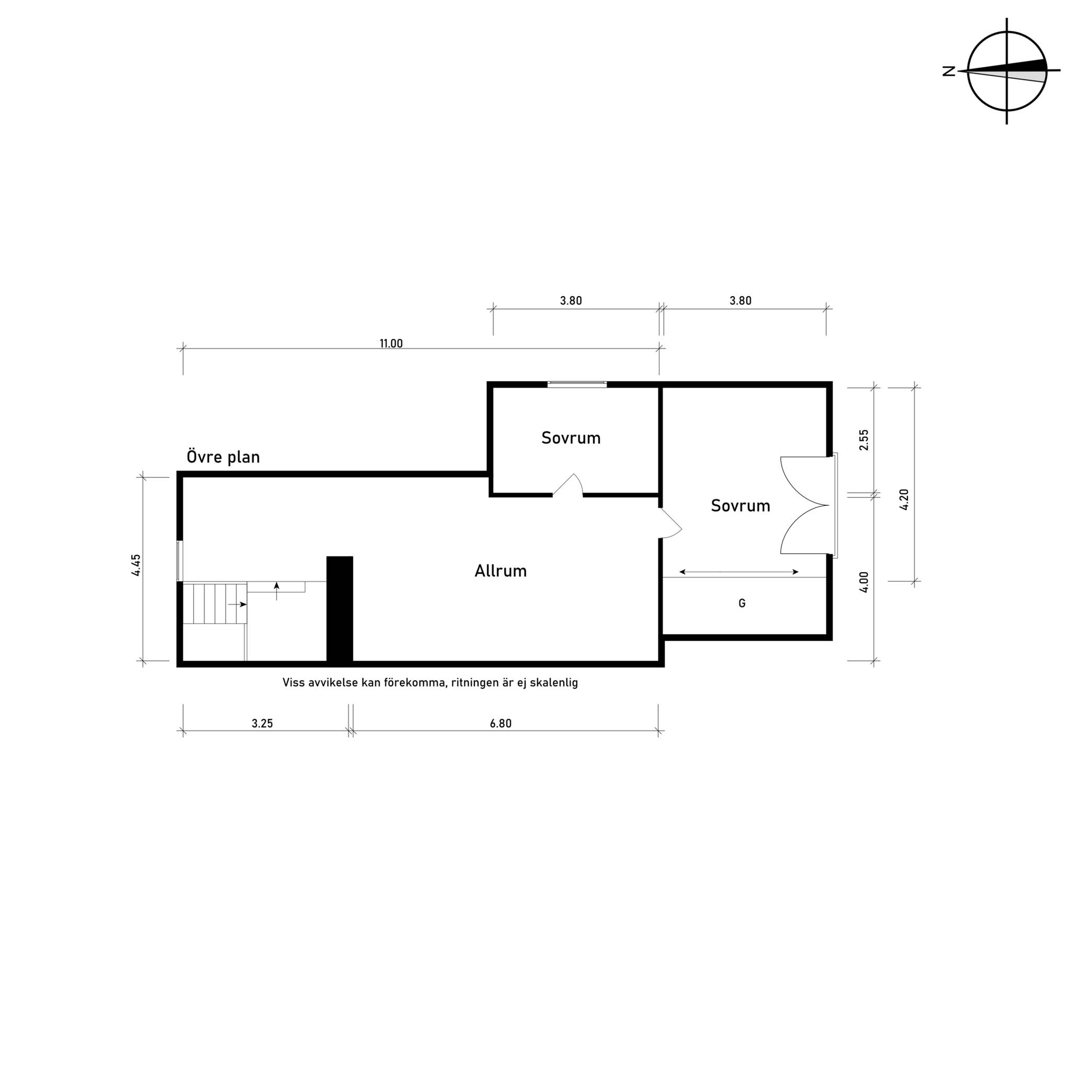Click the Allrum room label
point(500,571)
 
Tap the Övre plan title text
point(223,458)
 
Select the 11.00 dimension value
point(391,344)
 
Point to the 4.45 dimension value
point(136,565)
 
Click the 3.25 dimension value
point(262,723)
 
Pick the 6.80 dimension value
point(500,723)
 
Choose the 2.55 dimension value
point(864,440)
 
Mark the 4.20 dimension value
point(904,499)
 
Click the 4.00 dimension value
point(864,583)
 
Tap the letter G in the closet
point(742,603)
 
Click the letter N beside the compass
point(949,71)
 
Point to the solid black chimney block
point(339,609)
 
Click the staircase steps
point(215,603)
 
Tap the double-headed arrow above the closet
point(739,572)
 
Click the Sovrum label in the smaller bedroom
point(571,438)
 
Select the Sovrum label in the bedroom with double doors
point(740,506)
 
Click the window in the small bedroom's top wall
point(577,384)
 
